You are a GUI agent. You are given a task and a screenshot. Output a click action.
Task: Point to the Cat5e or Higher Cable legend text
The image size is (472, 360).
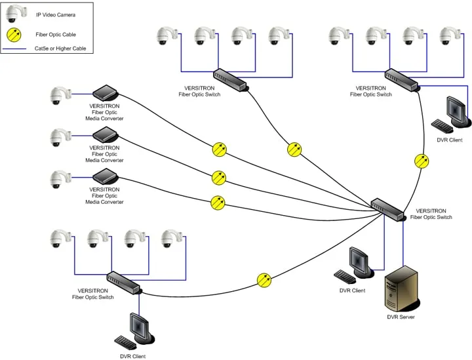point(60,49)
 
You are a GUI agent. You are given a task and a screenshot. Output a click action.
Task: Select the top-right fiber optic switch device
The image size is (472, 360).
point(401,79)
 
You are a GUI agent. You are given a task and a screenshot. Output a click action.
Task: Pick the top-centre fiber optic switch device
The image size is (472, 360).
point(230,79)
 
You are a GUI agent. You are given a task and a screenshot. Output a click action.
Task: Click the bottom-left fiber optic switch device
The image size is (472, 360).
point(123,282)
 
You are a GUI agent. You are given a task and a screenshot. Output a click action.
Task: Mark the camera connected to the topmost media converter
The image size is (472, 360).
point(59,96)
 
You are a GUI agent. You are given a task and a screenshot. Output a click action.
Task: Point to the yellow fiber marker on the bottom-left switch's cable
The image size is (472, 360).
point(264,280)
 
